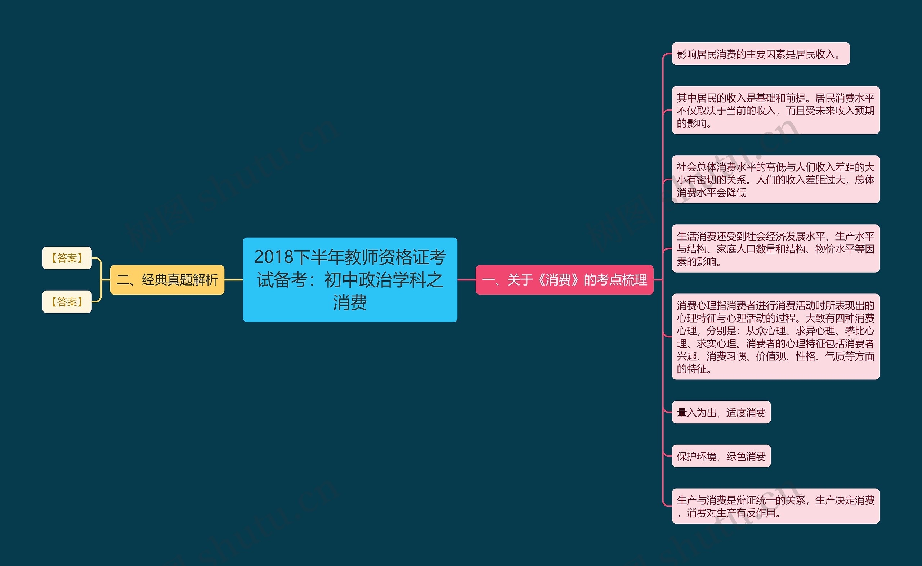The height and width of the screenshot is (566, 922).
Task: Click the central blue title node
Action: coord(350,279)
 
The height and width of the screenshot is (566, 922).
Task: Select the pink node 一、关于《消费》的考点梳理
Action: coord(564,280)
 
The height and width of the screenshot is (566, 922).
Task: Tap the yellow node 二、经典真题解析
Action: coord(167,280)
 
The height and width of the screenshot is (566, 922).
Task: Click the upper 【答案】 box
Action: coord(67,257)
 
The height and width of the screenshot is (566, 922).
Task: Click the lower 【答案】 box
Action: coord(67,301)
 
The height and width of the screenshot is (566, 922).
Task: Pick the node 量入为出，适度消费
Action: coord(721,412)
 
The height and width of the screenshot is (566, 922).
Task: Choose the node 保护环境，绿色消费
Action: coord(721,456)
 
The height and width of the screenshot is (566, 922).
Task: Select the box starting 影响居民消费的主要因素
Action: coord(760,54)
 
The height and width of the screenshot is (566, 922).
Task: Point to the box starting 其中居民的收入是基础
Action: coord(775,110)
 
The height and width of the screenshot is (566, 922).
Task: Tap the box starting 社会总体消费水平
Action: coord(775,179)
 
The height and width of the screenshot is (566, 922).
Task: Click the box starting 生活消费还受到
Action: coord(775,248)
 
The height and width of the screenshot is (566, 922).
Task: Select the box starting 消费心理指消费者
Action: coord(775,337)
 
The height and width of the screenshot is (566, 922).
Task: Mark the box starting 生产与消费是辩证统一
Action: coord(775,506)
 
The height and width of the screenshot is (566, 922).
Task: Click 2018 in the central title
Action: coord(274,257)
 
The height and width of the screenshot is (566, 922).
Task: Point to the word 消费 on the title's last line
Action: coord(350,302)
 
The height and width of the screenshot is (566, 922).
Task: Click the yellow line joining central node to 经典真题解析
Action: coord(233,280)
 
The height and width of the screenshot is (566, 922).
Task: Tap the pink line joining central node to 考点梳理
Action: coord(466,280)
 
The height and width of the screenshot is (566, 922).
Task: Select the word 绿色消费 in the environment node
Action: coord(746,456)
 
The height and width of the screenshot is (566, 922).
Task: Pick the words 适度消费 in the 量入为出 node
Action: coord(746,412)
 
